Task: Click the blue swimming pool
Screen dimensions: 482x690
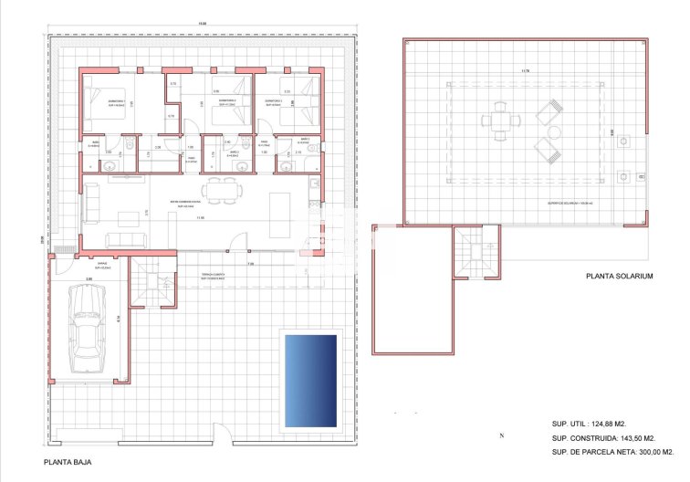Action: pos(311,380)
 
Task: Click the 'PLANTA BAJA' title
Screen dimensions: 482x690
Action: pos(68,463)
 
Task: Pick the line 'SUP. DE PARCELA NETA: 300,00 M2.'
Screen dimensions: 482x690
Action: pos(613,452)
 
